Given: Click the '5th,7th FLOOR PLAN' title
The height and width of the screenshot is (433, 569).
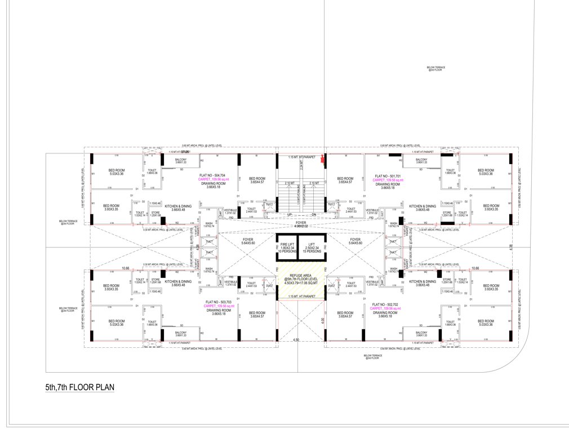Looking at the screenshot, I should coord(80,388).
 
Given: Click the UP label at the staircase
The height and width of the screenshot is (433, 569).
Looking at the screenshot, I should coord(288,215).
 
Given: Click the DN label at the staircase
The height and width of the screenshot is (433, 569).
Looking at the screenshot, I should coord(314,215).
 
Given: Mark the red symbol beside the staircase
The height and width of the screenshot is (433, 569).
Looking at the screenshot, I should coord(322,160).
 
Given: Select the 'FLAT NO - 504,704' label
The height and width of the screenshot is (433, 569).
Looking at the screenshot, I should coord(212,175).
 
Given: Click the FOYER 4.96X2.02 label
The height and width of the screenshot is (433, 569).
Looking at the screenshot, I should coord(301,224).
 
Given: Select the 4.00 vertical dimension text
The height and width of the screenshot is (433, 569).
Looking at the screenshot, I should coord(323,321).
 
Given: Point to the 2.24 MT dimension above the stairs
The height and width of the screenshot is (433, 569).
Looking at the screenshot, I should coord(302,166).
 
